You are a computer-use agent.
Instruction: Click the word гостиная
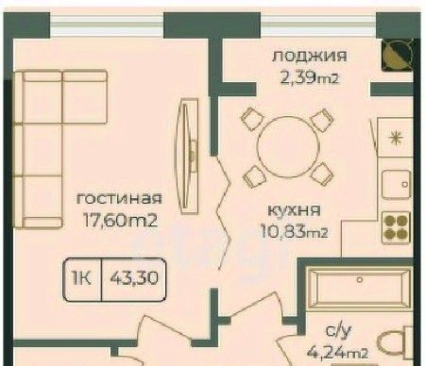pyautogui.click(x=119, y=199)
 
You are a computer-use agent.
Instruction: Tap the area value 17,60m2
pyautogui.click(x=120, y=220)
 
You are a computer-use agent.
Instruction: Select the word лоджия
pyautogui.click(x=310, y=56)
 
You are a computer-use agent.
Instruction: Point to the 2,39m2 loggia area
pyautogui.click(x=309, y=77)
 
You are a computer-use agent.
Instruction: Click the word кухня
pyautogui.click(x=294, y=210)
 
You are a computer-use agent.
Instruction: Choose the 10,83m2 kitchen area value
pyautogui.click(x=294, y=232)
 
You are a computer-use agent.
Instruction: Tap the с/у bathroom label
pyautogui.click(x=338, y=331)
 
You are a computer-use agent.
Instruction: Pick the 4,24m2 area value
pyautogui.click(x=338, y=353)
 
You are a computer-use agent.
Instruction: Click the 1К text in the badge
pyautogui.click(x=82, y=278)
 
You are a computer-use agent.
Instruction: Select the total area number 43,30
pyautogui.click(x=134, y=278)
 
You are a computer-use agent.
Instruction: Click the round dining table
pyautogui.click(x=288, y=146)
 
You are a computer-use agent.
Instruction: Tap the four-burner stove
pyautogui.click(x=397, y=227)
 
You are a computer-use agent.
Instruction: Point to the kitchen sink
pyautogui.click(x=397, y=185)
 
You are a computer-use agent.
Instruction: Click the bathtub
pyautogui.click(x=360, y=287)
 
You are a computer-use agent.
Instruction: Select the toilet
pyautogui.click(x=396, y=344)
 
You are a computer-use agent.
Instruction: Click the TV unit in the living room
pyautogui.click(x=188, y=156)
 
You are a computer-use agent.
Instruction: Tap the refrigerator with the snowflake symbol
pyautogui.click(x=396, y=138)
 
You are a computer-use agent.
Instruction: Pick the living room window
pyautogui.click(x=107, y=25)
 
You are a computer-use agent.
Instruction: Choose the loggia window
pyautogui.click(x=318, y=25)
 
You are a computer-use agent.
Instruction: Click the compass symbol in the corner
pyautogui.click(x=397, y=55)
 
